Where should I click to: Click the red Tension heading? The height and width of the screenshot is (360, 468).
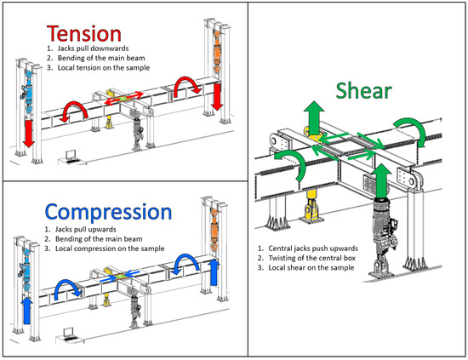pos(84,33)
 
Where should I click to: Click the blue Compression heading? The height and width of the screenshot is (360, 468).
pos(108,212)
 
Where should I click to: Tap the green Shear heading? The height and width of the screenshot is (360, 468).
pos(364,91)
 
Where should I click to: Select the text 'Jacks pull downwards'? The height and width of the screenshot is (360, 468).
pos(93,49)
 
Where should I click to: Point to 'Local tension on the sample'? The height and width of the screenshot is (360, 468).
pos(104,68)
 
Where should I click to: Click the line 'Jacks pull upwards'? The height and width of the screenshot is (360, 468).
pos(86,229)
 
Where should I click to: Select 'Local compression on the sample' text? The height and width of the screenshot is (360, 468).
pos(110,249)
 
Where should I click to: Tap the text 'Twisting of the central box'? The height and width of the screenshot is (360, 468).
pos(312,258)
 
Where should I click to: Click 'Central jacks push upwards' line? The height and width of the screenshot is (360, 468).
pos(313,249)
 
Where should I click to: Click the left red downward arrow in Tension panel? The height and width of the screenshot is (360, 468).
pos(29,133)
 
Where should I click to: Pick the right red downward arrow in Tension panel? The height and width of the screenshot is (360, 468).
pos(217,97)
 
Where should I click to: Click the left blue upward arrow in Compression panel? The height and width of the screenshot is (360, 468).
pos(27,311)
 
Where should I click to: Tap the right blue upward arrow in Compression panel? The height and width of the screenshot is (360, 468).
pos(214,272)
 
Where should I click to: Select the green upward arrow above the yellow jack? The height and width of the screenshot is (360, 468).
pos(314,118)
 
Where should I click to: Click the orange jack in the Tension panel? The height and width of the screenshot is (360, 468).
pos(217,52)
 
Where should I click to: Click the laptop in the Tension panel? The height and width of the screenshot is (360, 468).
pos(71,156)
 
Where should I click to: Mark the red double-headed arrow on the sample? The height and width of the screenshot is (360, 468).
pos(123,98)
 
